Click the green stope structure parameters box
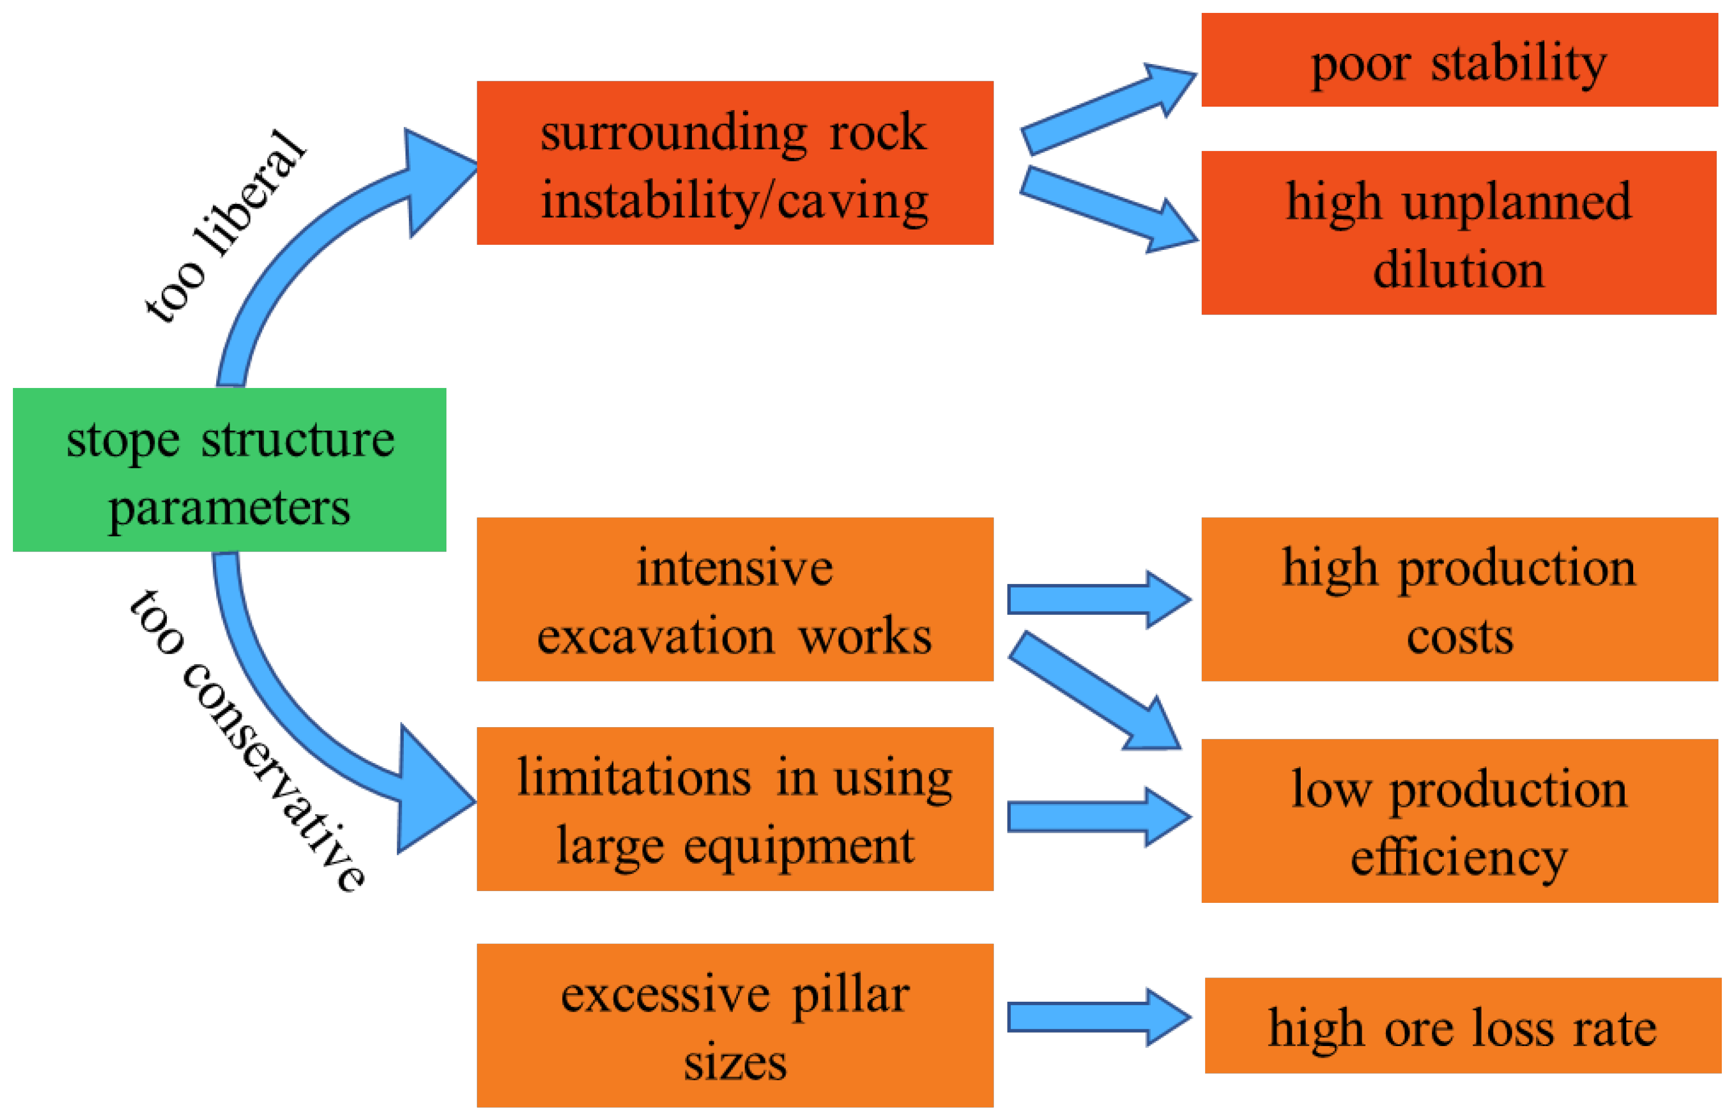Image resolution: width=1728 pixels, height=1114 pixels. click(229, 470)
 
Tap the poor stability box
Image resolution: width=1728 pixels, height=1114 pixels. click(1458, 60)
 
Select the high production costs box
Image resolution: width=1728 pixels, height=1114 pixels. click(1458, 599)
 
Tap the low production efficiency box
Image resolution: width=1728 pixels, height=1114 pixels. click(1458, 821)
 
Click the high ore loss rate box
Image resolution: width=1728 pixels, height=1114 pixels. click(1461, 1026)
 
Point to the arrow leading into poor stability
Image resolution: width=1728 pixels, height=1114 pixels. click(1107, 108)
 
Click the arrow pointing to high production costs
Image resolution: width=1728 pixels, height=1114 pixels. click(1096, 600)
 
